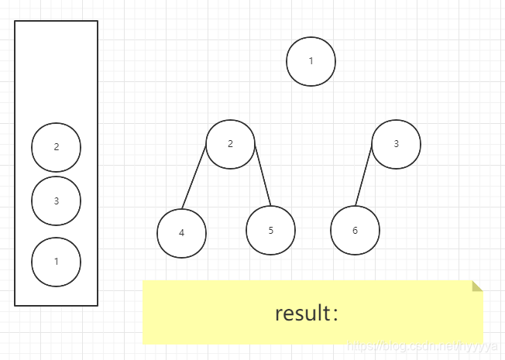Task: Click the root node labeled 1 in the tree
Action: (311, 61)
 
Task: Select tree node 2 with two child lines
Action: (230, 144)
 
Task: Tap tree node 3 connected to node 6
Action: (396, 144)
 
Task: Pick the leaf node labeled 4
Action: (181, 232)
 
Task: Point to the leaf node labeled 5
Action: (270, 230)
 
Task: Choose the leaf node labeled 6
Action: (355, 231)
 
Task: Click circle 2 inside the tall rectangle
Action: (56, 147)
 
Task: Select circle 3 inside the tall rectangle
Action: (56, 201)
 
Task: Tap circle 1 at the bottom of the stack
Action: (56, 262)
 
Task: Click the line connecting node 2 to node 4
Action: (194, 177)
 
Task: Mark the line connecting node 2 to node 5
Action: (263, 176)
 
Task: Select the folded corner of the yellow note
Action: (477, 286)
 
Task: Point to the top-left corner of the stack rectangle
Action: (15, 22)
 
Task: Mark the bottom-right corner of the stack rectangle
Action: (98, 305)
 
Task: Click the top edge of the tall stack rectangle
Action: (57, 21)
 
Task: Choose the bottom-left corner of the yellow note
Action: (144, 343)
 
